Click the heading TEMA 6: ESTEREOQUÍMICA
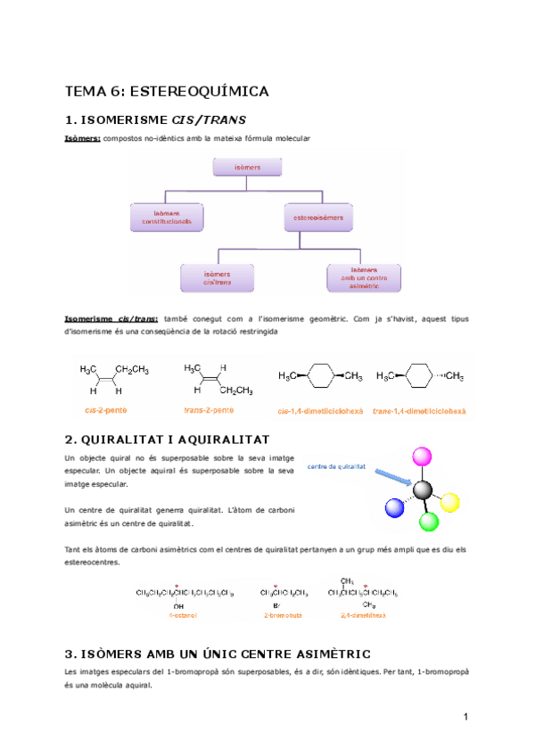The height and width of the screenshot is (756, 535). pyautogui.click(x=168, y=91)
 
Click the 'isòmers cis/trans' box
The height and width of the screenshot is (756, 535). pyautogui.click(x=217, y=277)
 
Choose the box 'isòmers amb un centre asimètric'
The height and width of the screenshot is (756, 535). pyautogui.click(x=364, y=277)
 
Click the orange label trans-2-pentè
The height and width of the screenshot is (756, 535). pyautogui.click(x=209, y=410)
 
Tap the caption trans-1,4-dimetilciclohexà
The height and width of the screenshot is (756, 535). pyautogui.click(x=419, y=411)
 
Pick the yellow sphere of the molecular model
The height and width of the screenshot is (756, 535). pyautogui.click(x=451, y=501)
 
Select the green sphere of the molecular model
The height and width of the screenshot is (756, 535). pyautogui.click(x=429, y=522)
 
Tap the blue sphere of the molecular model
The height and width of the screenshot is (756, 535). pyautogui.click(x=394, y=508)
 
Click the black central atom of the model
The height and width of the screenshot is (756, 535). pyautogui.click(x=424, y=489)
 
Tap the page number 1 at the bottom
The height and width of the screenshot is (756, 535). pyautogui.click(x=466, y=718)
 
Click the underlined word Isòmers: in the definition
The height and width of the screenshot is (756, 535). pyautogui.click(x=83, y=138)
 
